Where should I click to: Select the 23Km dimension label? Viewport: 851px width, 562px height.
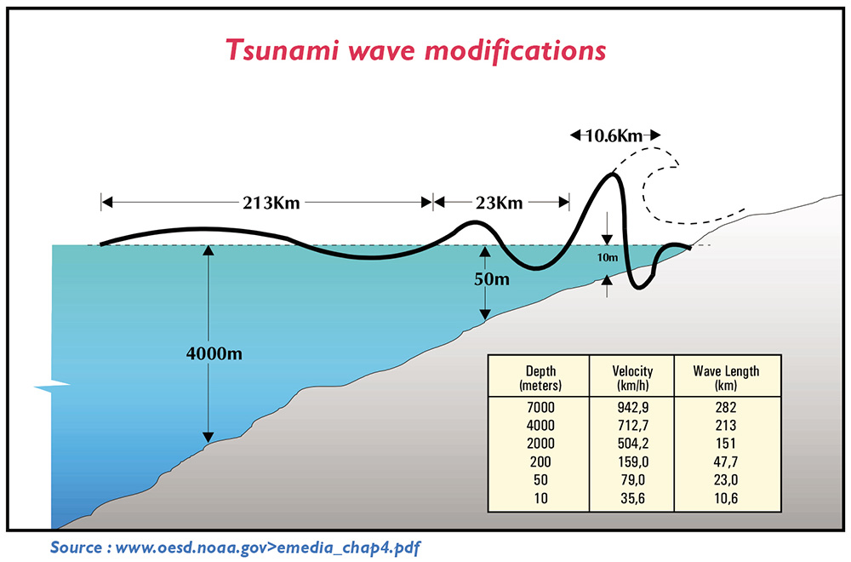(500, 203)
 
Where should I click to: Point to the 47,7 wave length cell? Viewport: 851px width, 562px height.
(726, 461)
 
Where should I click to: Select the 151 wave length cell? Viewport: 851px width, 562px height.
(726, 442)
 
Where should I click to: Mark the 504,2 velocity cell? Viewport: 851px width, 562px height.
(631, 442)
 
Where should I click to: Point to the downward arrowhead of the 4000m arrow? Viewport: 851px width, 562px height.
(208, 438)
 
